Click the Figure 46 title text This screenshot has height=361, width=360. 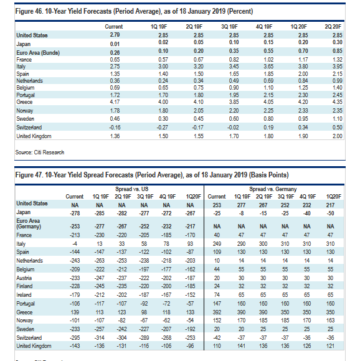[134, 11]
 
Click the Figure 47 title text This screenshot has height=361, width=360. [152, 175]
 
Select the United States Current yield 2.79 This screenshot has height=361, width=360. [115, 35]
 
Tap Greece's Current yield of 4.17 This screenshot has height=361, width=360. [115, 101]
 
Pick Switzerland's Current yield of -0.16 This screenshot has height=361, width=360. [115, 128]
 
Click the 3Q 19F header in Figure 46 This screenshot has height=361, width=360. [229, 27]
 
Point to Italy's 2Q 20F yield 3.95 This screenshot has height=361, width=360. [338, 67]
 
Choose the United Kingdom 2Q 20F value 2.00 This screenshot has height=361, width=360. [338, 136]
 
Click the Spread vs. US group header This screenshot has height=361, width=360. [132, 189]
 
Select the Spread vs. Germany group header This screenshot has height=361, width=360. [273, 189]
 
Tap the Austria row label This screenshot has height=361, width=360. [24, 278]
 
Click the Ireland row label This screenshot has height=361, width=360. [24, 295]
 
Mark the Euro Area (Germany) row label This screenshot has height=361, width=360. [29, 223]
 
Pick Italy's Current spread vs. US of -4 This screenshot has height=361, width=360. [75, 244]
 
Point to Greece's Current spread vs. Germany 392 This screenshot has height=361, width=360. [217, 312]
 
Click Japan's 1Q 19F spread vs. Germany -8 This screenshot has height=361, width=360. [241, 213]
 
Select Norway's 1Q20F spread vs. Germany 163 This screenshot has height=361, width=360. [330, 321]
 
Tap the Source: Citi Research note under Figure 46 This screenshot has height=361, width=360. [40, 152]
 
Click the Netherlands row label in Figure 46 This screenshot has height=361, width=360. [29, 81]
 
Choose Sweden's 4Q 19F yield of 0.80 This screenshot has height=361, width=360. [268, 119]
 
